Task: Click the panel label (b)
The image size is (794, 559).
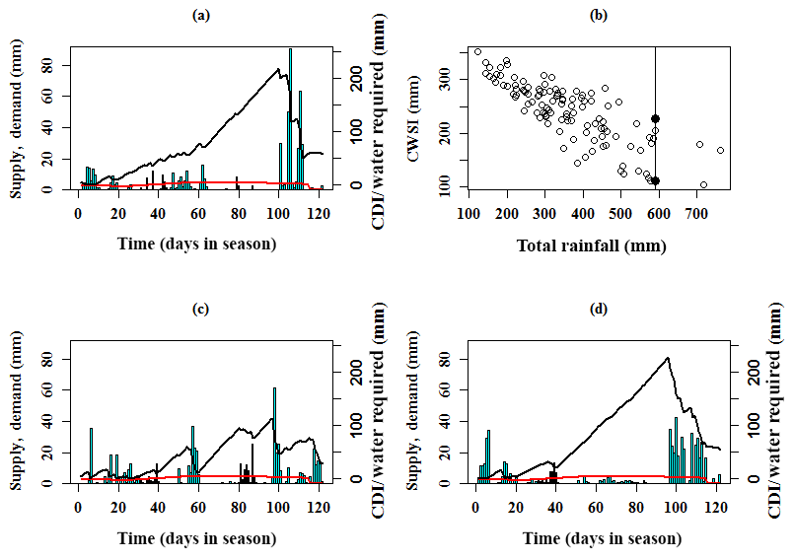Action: click(x=599, y=15)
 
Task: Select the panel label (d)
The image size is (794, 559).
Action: click(x=599, y=310)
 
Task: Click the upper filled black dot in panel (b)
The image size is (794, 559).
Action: click(x=655, y=118)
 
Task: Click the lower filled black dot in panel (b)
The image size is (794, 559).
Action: click(x=655, y=180)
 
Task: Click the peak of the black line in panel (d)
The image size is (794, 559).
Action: click(x=668, y=358)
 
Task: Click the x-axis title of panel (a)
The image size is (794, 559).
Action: click(x=198, y=243)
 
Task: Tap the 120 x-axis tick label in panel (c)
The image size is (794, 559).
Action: click(x=317, y=509)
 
